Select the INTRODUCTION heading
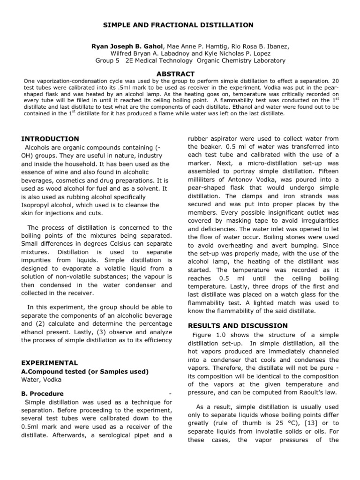point(51,139)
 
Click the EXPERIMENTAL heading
point(50,363)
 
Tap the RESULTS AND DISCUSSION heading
point(238,325)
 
